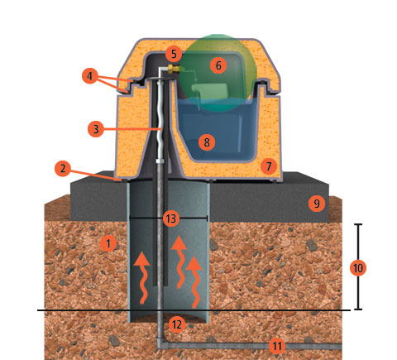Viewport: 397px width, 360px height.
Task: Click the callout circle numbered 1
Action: click(x=108, y=243)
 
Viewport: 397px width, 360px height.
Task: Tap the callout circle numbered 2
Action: click(x=63, y=168)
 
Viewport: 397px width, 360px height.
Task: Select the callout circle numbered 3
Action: click(x=96, y=129)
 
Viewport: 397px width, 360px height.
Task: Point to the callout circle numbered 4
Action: click(x=90, y=76)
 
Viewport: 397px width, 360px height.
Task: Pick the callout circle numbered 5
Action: click(x=174, y=54)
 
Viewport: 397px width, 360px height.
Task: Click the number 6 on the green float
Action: click(x=218, y=65)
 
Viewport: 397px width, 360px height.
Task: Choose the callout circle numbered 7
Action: click(x=269, y=166)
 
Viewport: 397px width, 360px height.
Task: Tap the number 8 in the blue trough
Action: click(x=207, y=142)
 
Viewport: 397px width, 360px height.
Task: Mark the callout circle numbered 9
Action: click(x=317, y=204)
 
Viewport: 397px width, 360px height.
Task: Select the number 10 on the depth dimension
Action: click(x=358, y=268)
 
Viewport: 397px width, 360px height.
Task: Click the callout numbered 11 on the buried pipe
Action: click(x=277, y=345)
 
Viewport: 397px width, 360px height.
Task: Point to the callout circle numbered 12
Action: click(x=176, y=324)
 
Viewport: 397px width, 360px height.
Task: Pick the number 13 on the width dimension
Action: click(x=171, y=218)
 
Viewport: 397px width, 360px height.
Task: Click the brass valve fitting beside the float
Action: click(x=172, y=69)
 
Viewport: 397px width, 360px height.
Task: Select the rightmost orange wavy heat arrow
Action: click(x=195, y=282)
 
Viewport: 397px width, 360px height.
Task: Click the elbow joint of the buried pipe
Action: click(x=160, y=343)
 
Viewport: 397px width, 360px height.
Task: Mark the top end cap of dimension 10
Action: click(x=358, y=224)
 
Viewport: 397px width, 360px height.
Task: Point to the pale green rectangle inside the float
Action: click(x=209, y=91)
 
